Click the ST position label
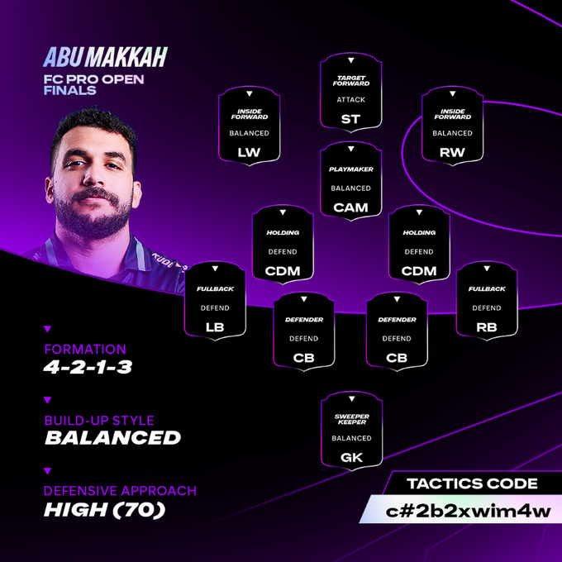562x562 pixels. coord(350,119)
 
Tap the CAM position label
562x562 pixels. coord(350,207)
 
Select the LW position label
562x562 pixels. coord(249,152)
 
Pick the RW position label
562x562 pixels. coord(452,152)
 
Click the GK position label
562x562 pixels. coord(351,457)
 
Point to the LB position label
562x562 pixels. coord(215,327)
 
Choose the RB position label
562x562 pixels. coord(486,327)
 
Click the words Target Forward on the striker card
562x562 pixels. coord(351,81)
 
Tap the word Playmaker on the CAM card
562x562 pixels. coord(351,169)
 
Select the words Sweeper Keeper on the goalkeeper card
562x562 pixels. coord(351,419)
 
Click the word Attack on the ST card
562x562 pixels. coord(351,100)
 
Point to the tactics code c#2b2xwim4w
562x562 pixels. coord(468,511)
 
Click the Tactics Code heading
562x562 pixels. coord(472,483)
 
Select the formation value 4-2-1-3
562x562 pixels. coord(88,367)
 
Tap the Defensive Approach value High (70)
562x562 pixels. coord(104,509)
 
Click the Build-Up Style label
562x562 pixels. coord(99,420)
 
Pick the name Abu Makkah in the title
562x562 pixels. coord(105,57)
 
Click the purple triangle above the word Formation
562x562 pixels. coord(48,329)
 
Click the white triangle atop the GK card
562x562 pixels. coord(351,398)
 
